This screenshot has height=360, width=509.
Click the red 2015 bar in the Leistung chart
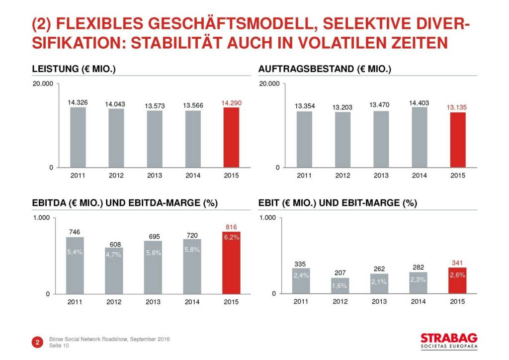point(231,137)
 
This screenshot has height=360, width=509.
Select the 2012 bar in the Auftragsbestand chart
point(342,140)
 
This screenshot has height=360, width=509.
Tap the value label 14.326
point(78,102)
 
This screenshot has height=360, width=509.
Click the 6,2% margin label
point(231,238)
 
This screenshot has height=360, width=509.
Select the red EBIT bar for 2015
point(457,281)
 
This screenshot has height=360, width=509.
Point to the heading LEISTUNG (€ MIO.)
point(74,69)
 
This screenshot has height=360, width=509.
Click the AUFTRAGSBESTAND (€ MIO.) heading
point(325,69)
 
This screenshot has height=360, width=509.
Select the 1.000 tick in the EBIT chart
point(267,218)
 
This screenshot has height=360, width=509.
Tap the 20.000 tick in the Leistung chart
point(43,84)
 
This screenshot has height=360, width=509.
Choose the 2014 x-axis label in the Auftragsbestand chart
point(419,176)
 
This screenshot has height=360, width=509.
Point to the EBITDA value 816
point(231,227)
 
